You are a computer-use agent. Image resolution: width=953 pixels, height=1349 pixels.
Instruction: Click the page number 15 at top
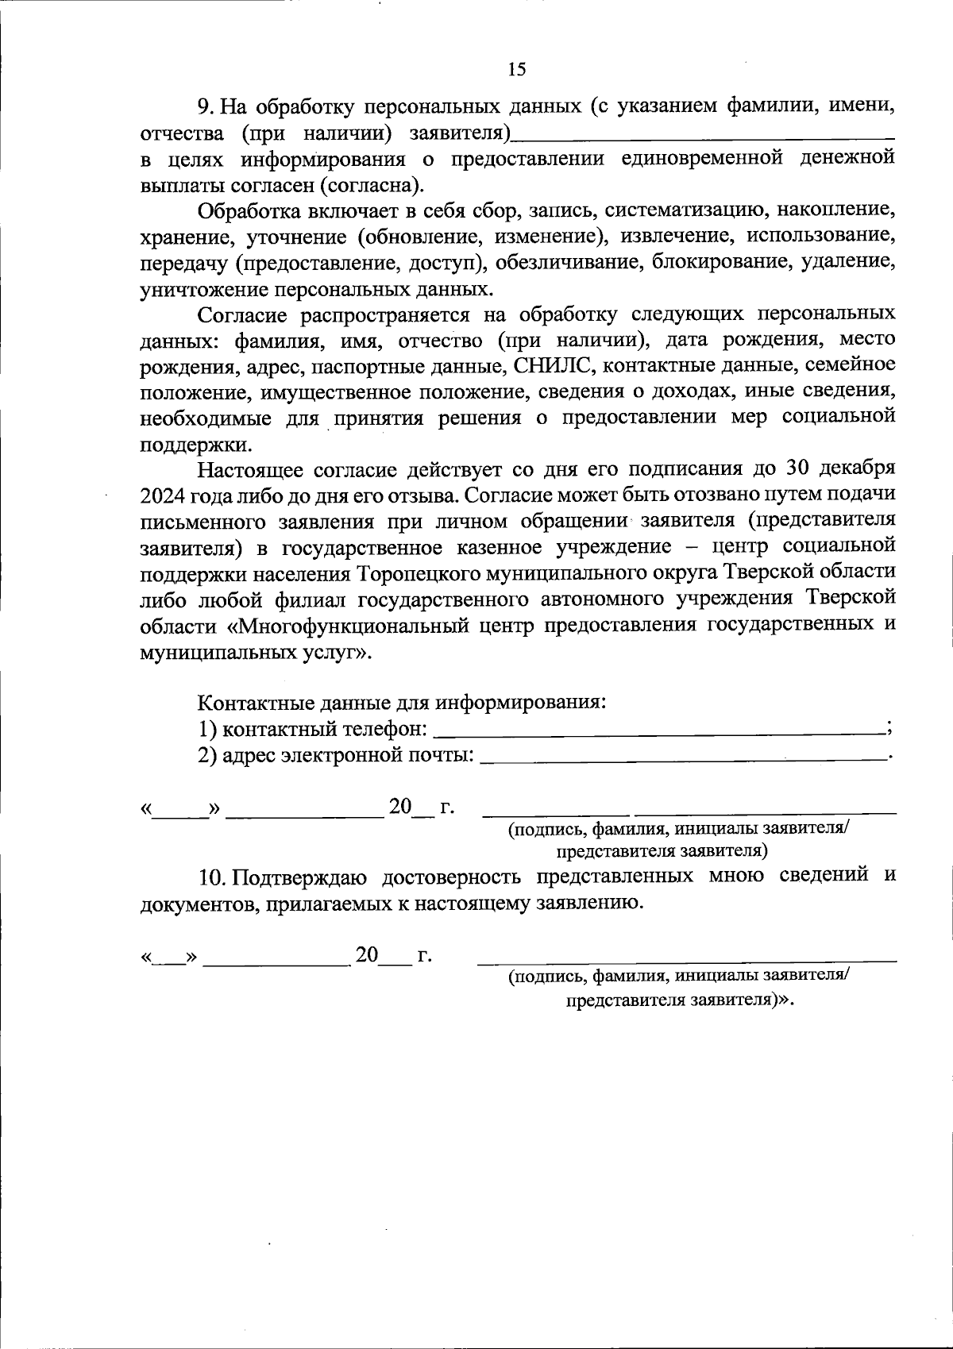point(516,70)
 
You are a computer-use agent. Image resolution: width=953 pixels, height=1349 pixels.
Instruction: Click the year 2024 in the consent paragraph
point(163,495)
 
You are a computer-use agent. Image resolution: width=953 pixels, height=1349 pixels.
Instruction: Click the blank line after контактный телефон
point(659,729)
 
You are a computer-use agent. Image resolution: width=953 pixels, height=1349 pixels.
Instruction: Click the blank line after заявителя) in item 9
point(703,133)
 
